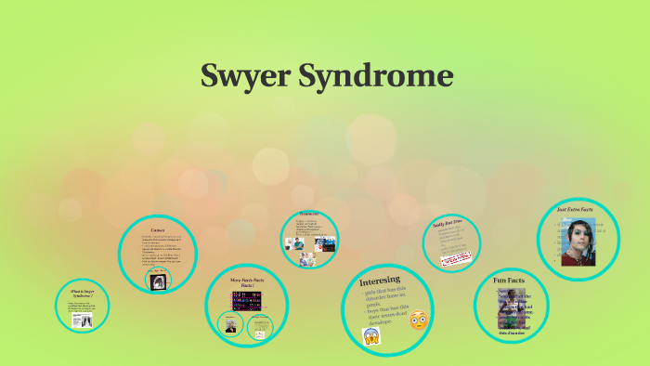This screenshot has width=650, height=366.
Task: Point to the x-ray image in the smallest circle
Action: pos(81,320)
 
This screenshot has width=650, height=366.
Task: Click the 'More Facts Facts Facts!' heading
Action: pos(248,281)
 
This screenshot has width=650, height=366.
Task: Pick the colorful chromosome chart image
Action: pos(248,302)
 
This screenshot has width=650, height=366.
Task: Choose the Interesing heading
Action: pos(381,279)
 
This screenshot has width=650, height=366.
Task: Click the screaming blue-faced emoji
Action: pos(372,334)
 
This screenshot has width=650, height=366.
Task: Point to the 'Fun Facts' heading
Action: pos(511,280)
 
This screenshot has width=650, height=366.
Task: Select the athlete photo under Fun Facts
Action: pos(513,312)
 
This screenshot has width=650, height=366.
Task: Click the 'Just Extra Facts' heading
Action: pos(575,210)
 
